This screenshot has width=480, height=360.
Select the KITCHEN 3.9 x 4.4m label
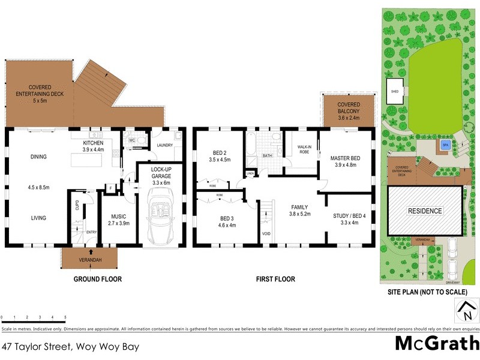click(93, 146)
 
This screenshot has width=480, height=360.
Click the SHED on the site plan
click(395, 91)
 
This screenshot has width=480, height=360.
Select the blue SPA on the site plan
click(445, 145)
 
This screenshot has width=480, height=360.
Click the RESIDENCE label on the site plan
click(425, 211)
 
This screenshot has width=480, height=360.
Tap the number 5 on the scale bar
click(65, 317)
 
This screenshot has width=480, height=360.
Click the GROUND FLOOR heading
click(98, 279)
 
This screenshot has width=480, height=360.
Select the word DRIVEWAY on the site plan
click(453, 281)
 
